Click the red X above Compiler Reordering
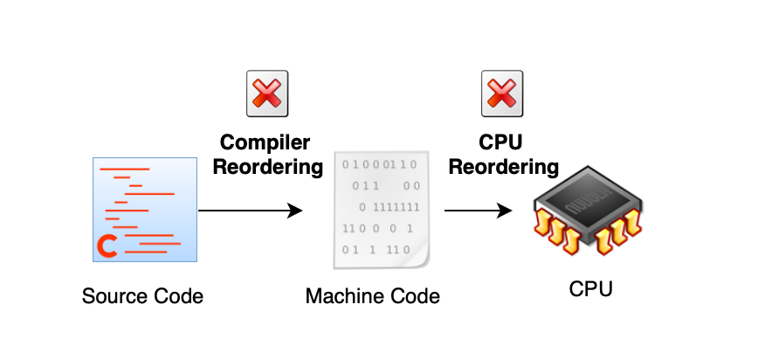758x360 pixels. coord(266,94)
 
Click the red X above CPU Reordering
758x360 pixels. coord(502,94)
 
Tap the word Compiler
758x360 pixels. coord(265,142)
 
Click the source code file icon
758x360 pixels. coord(145,209)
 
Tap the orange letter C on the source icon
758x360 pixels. coord(108,247)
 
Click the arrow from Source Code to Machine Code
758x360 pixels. coord(250,211)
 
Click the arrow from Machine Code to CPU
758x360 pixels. coord(477,211)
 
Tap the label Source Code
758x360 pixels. coord(142,296)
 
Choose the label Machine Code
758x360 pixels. coord(373,297)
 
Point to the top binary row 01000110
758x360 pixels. coord(381,163)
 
